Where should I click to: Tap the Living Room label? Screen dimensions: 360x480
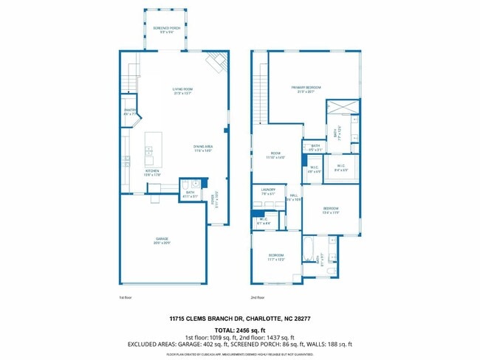click(182, 91)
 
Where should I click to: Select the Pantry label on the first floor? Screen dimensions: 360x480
click(129, 112)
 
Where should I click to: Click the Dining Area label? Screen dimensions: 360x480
click(203, 148)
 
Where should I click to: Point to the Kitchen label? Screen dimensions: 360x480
click(152, 173)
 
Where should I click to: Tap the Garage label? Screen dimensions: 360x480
click(162, 240)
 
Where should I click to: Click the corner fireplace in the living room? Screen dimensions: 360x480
click(216, 64)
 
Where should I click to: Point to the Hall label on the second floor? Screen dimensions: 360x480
click(293, 197)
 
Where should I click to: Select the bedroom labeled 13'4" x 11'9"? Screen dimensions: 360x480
click(331, 210)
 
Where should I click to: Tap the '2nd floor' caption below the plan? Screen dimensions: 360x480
click(258, 297)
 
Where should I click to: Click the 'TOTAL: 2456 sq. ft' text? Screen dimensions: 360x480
click(239, 329)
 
